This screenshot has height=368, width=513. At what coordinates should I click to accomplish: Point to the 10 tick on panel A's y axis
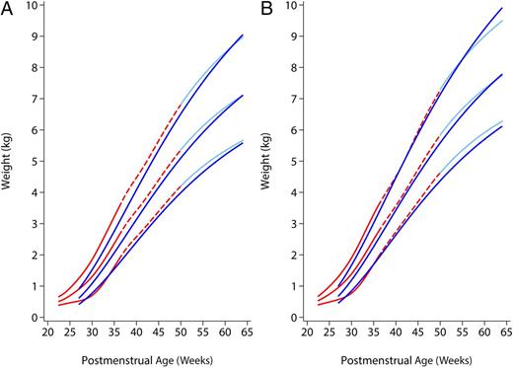pyautogui.click(x=34, y=6)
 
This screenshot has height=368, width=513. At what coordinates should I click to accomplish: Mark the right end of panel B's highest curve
pyautogui.click(x=504, y=9)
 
